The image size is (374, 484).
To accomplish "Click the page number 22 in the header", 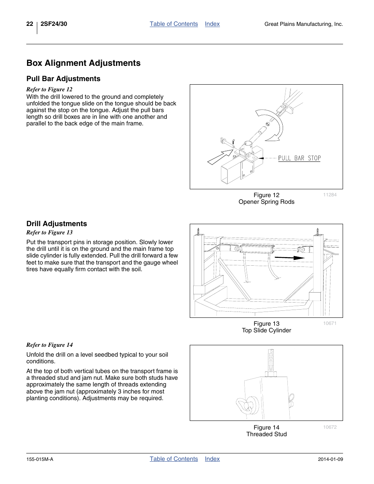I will click(30, 24).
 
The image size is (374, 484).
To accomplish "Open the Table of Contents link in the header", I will click(174, 24).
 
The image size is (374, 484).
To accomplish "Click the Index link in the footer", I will click(212, 459).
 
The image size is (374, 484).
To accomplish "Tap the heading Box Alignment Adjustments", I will click(84, 63).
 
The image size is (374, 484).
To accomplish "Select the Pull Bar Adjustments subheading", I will click(64, 79).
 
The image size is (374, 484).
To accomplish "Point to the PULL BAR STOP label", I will click(299, 158).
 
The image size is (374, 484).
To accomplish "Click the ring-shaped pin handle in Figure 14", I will click(245, 405).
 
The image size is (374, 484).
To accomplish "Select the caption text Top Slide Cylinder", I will click(267, 330).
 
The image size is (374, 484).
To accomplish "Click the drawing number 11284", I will click(330, 195).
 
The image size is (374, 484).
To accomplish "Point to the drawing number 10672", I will click(330, 427).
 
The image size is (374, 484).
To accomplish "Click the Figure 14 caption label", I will click(267, 428).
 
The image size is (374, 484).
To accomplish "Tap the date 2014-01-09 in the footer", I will click(330, 459).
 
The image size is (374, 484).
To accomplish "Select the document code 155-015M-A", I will click(40, 459).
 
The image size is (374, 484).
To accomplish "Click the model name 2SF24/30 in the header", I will click(54, 24).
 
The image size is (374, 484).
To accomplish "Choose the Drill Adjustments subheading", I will click(57, 224).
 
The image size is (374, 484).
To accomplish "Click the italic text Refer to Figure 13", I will click(49, 232).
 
